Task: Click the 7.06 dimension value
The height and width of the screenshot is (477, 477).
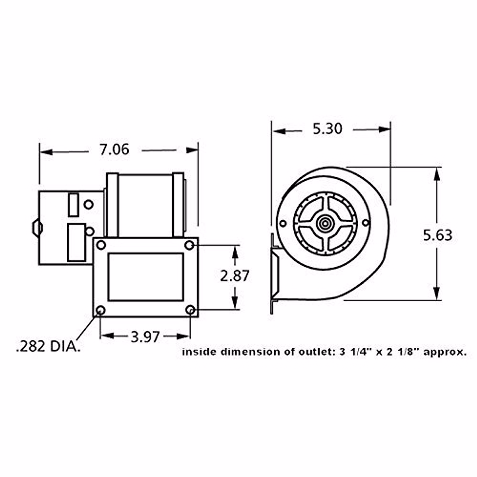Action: point(114,150)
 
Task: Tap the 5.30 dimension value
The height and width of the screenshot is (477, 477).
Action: point(327,129)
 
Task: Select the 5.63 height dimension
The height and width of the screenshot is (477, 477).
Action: point(437,235)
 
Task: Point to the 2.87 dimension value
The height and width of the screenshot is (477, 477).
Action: point(235,276)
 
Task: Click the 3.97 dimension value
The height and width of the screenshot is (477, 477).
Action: point(145,337)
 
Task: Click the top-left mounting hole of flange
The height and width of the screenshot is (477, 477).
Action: point(101,245)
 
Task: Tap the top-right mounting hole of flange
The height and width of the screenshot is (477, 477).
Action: point(190,245)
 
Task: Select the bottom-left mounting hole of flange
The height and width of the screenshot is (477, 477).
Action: point(101,310)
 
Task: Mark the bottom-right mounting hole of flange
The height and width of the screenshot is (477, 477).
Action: point(190,310)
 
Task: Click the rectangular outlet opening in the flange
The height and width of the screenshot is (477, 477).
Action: point(145,277)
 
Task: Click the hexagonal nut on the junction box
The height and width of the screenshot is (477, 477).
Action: point(37,228)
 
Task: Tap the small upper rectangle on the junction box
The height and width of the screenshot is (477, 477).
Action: point(73,205)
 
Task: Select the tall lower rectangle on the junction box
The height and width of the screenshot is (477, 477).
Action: point(76,242)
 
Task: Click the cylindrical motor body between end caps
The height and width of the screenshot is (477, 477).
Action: point(145,205)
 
